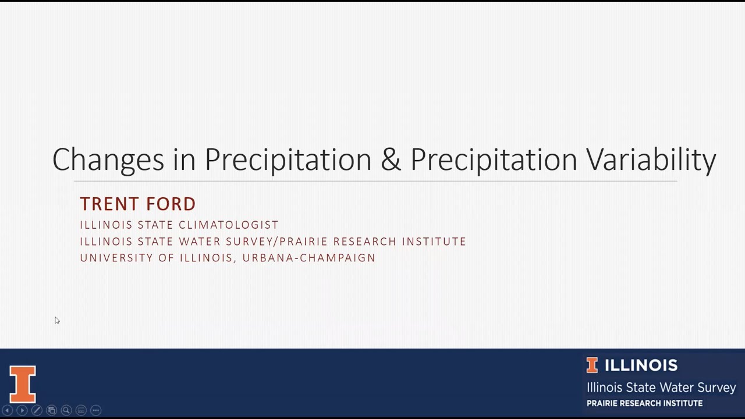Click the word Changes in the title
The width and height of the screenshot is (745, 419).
coord(108,160)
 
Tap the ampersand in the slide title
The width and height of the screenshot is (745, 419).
coord(391,159)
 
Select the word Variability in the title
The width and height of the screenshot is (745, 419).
coord(651,160)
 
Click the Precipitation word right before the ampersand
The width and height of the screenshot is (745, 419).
coord(288,160)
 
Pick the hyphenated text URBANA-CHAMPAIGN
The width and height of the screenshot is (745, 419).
coord(309,258)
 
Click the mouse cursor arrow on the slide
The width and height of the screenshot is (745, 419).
coord(57,321)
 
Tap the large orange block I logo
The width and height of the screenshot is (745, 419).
coord(23,384)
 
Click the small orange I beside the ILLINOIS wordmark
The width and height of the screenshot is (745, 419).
coord(592,365)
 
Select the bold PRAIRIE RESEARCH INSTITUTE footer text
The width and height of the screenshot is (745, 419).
coord(644,403)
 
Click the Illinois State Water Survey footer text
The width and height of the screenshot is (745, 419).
coord(661,388)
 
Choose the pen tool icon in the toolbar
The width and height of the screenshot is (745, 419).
coord(36,410)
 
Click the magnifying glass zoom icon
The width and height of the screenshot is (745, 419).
coord(66,410)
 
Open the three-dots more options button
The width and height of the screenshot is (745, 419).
coord(96,410)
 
